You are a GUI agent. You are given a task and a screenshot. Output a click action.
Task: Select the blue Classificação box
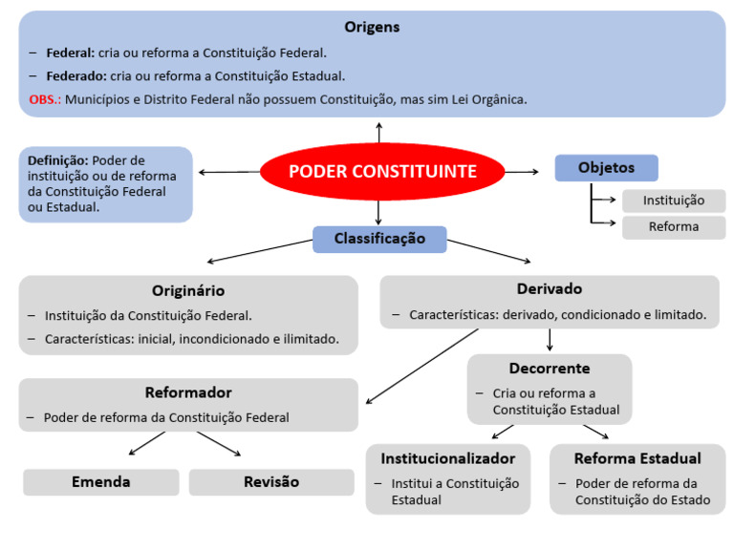(379, 239)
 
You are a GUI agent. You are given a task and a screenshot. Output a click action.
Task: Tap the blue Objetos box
(606, 168)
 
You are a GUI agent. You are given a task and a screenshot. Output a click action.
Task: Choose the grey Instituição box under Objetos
(673, 201)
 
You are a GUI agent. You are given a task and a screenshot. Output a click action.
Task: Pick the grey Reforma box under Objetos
(673, 227)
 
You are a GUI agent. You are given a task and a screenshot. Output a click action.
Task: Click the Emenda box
(101, 482)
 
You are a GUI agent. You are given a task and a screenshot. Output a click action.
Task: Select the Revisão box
(271, 482)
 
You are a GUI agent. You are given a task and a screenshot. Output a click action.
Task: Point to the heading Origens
(372, 28)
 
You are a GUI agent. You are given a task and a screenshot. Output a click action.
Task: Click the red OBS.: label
(45, 99)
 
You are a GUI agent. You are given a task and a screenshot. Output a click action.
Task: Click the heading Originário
(188, 290)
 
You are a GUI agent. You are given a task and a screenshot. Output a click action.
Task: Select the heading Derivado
(550, 288)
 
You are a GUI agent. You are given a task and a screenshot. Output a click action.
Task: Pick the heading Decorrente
(550, 369)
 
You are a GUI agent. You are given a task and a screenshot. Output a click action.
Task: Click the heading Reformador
(188, 392)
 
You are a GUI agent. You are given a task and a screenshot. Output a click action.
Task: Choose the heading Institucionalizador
(448, 458)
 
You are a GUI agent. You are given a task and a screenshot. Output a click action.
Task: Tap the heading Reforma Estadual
(637, 458)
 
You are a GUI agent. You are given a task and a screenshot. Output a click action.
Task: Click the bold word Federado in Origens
(76, 75)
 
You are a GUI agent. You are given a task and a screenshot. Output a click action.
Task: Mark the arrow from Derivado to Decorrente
(550, 340)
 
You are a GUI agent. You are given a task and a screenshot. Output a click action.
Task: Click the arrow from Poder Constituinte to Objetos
(522, 172)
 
